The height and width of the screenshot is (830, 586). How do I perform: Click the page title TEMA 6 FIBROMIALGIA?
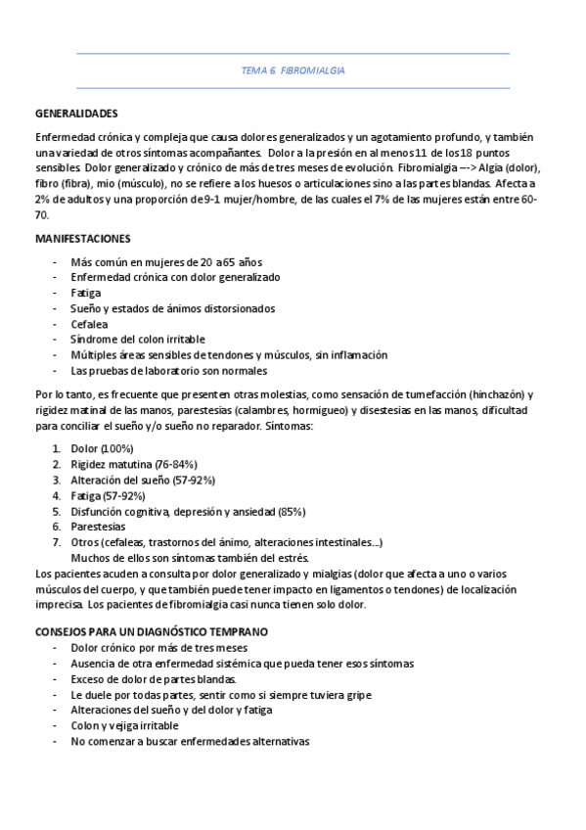point(293,71)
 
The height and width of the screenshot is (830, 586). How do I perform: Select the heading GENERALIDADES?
point(76,114)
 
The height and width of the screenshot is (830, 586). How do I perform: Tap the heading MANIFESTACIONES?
point(83,238)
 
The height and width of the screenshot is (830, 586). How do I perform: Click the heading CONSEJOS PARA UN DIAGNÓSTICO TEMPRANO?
point(151,632)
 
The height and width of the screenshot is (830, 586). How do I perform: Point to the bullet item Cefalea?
point(89,324)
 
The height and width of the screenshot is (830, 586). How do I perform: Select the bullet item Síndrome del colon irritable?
point(137,340)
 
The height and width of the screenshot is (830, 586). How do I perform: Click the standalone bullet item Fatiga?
point(85,293)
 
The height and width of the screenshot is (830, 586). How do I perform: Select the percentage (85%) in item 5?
point(292,511)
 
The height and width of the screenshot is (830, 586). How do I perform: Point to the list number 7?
point(57,542)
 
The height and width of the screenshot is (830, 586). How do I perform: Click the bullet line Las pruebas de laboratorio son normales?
point(168,371)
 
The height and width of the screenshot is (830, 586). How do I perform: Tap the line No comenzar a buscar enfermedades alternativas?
point(190,742)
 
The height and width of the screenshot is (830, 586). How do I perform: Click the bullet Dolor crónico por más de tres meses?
point(158,648)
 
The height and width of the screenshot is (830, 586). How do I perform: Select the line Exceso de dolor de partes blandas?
point(153,679)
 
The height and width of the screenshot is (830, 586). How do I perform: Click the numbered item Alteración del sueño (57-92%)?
point(143,480)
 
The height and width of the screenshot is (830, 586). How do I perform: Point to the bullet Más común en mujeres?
point(166,261)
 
